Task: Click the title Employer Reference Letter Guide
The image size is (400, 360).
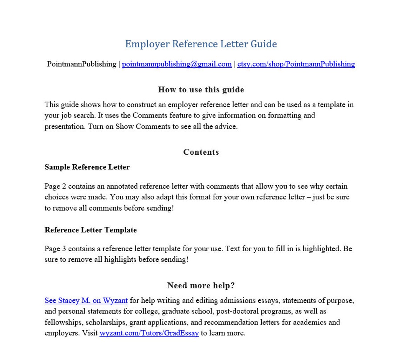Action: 201,44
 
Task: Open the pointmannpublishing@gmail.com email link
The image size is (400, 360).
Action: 176,64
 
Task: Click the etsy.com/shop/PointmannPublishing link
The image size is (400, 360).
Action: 296,64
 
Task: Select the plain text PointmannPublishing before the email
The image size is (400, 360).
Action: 81,64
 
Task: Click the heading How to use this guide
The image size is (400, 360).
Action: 201,89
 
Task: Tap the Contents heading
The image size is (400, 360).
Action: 201,152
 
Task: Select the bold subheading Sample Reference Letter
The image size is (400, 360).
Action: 87,167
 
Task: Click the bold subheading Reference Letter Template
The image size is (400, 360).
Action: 91,230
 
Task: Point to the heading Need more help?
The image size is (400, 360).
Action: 201,285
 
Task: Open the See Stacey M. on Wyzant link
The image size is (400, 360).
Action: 86,300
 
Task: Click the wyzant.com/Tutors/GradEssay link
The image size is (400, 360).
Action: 149,333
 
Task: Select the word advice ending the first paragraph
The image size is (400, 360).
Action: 226,127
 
